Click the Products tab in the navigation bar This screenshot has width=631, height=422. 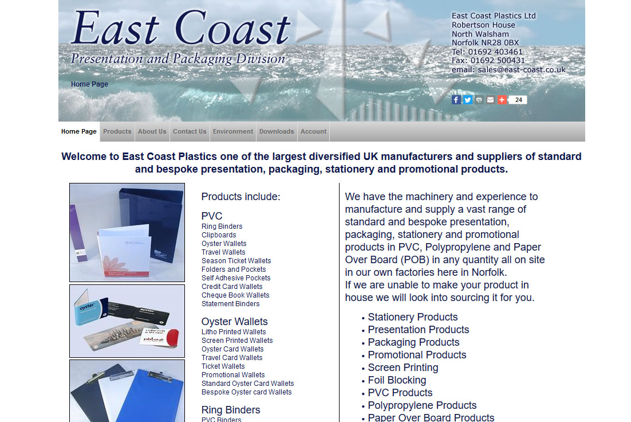click(117, 131)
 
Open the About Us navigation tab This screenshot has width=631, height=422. click(152, 131)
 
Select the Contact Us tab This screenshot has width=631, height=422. click(190, 131)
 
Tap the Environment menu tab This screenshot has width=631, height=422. click(233, 131)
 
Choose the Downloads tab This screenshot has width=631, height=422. click(277, 131)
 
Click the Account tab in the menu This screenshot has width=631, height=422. click(313, 131)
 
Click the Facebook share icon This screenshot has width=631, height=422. click(456, 100)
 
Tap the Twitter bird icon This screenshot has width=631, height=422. click(468, 100)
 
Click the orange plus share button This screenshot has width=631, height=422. click(502, 100)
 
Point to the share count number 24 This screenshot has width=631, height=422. click(519, 100)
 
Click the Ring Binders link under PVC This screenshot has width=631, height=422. click(222, 226)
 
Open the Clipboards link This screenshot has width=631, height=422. click(219, 235)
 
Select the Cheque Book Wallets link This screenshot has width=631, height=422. click(235, 295)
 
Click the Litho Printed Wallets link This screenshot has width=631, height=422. click(234, 332)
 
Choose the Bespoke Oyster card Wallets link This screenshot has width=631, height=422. click(247, 392)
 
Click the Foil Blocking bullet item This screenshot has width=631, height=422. click(397, 380)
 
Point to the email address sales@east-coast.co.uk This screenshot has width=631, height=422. click(522, 70)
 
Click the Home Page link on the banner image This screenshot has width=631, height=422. click(89, 84)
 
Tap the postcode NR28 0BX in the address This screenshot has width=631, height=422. click(500, 43)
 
